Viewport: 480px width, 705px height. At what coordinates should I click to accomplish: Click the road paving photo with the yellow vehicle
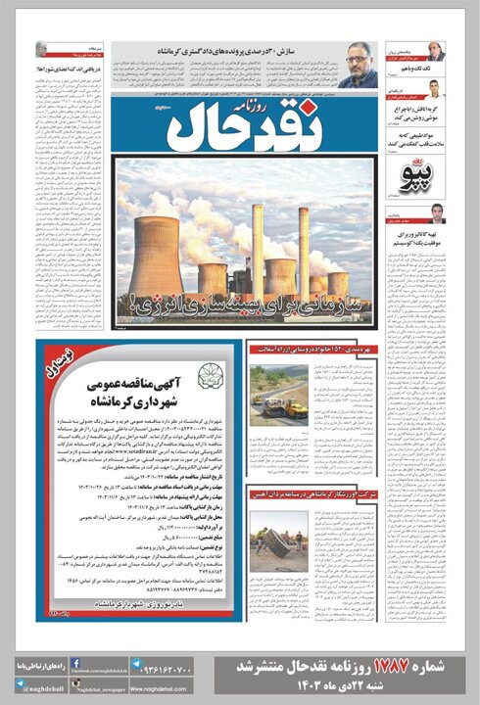279,392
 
